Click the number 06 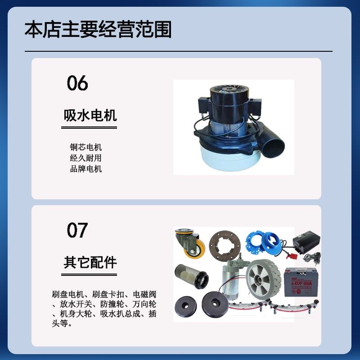tap(77, 83)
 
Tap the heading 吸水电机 tap(90, 116)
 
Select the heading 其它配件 tap(90, 263)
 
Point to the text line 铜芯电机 tap(85, 147)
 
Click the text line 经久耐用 tap(85, 158)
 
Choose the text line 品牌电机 tap(85, 169)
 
